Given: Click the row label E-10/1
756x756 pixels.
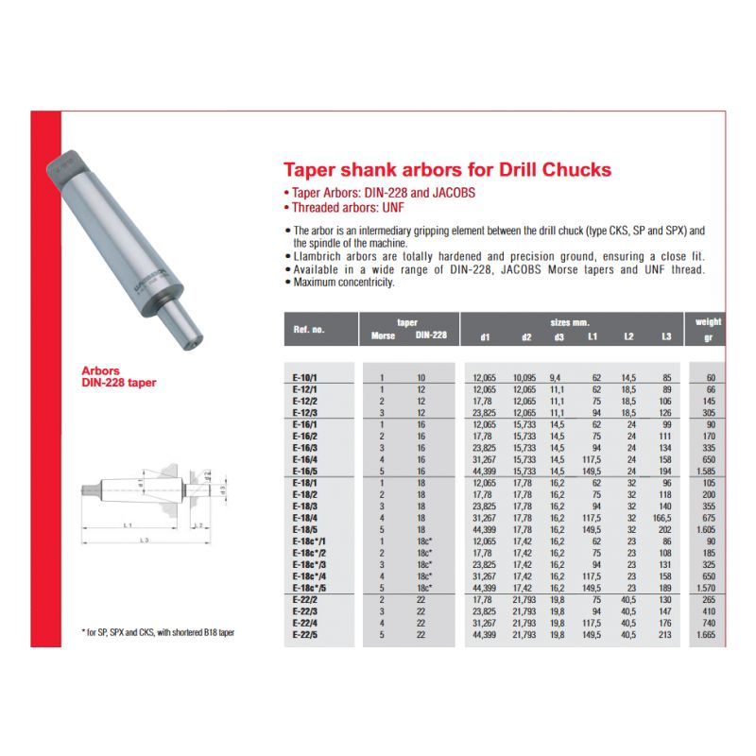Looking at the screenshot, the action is coord(304,378).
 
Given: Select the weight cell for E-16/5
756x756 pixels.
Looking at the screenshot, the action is coord(706,472).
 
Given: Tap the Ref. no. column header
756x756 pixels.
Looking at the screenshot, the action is coord(309,330).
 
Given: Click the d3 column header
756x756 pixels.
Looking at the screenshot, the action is coord(558,337).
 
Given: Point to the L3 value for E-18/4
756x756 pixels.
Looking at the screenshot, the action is coord(662,518).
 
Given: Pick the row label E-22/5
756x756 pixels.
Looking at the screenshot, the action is coord(304,635).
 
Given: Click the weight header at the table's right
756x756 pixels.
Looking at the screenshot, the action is coord(708,322).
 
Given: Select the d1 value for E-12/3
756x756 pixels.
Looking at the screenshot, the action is coord(484,413).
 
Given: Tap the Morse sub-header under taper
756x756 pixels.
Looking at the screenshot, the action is coord(383,335).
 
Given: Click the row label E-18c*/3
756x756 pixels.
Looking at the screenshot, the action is coord(309,565).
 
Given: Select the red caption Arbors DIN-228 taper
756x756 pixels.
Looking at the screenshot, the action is coord(119,376).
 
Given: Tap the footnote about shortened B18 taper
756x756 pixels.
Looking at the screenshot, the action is coord(158,632).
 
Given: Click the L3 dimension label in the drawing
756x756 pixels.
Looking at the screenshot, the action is coord(145,540).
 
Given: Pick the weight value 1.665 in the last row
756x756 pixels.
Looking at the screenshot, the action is coord(706,635).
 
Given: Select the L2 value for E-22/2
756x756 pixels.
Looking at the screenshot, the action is coord(628,600).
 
